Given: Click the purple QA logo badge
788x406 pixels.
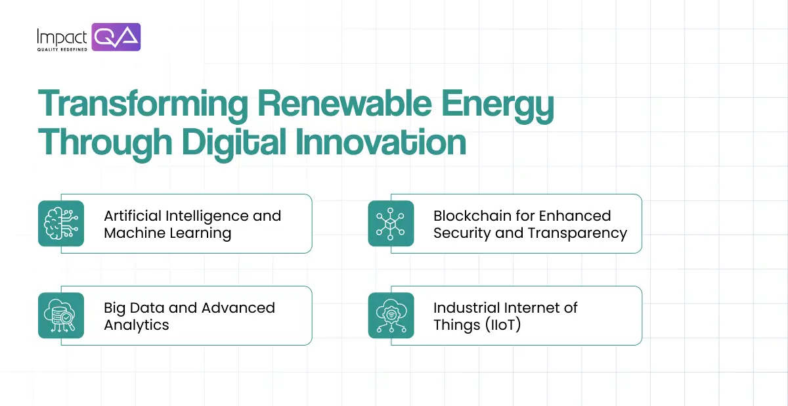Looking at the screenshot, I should click(116, 37).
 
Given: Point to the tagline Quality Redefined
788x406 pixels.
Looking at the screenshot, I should click(62, 50).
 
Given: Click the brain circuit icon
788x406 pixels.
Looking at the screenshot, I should click(61, 223).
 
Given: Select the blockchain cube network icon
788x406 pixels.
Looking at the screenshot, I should click(391, 223).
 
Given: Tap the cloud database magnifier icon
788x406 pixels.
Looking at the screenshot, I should click(61, 315).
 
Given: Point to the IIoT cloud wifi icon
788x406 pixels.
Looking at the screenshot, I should click(391, 315).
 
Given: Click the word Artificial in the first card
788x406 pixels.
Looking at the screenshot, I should click(133, 215).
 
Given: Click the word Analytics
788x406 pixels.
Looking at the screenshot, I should click(137, 325).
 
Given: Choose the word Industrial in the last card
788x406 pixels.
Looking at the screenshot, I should click(466, 307).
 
